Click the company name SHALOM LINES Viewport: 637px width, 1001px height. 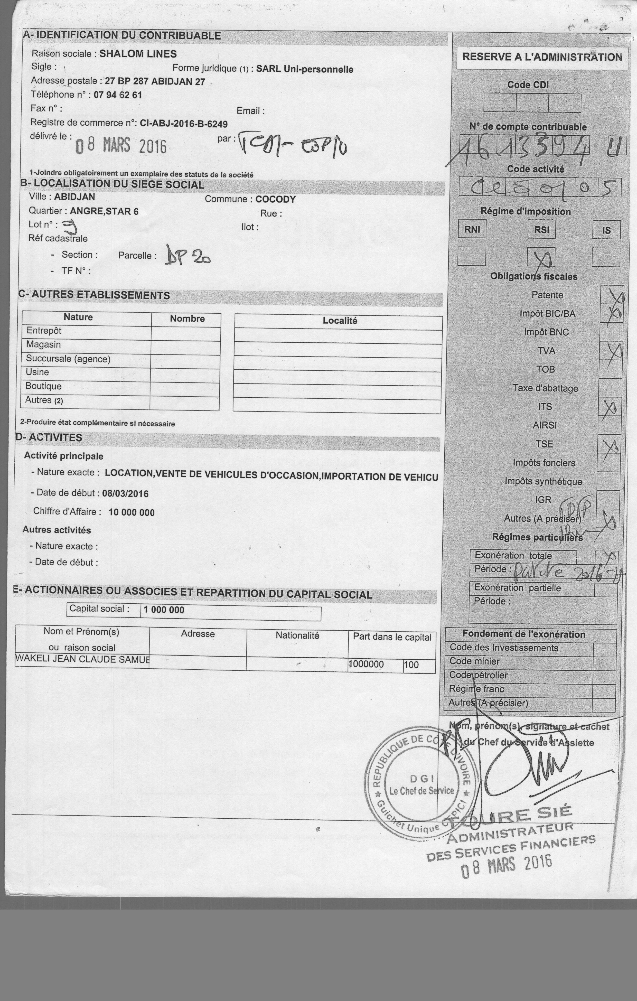point(138,54)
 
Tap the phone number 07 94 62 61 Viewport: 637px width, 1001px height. point(118,95)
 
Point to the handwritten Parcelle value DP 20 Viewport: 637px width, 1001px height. point(188,255)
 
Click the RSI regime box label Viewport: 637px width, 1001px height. point(541,229)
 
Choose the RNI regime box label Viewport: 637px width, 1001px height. point(472,229)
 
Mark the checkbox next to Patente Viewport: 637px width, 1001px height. point(612,295)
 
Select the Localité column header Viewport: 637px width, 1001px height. point(340,321)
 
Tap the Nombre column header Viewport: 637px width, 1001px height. point(187,319)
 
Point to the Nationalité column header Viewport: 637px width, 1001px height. point(297,635)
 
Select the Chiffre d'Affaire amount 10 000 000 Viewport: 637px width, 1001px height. point(132,512)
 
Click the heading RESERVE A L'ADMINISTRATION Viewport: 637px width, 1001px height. point(542,57)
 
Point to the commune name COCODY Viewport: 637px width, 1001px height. point(275,199)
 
